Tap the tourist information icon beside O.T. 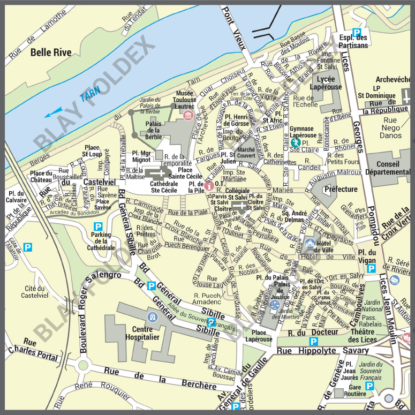point(209,186)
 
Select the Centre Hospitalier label point(142,333)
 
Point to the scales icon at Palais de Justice point(275,305)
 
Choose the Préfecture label point(341,189)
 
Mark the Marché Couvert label point(246,153)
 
